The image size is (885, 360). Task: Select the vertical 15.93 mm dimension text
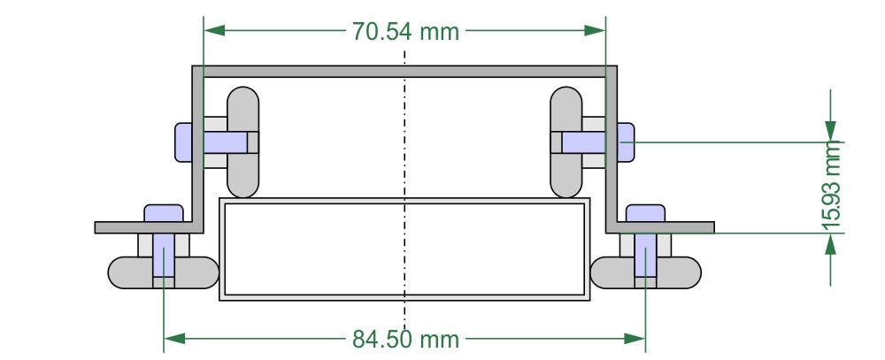pos(831,187)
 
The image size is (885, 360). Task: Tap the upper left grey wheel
pos(244,142)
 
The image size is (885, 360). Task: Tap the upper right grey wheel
pos(566,142)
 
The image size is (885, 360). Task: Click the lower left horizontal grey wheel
pos(164,272)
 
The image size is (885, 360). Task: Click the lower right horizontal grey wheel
pos(645,272)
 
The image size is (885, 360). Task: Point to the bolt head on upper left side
pos(184,142)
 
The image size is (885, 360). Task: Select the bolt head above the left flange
pos(163,213)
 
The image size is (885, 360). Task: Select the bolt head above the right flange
pos(645,213)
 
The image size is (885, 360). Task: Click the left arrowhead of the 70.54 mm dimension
pos(213,30)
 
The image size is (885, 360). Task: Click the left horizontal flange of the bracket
pos(142,227)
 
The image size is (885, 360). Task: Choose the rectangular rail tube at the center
pos(405,249)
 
